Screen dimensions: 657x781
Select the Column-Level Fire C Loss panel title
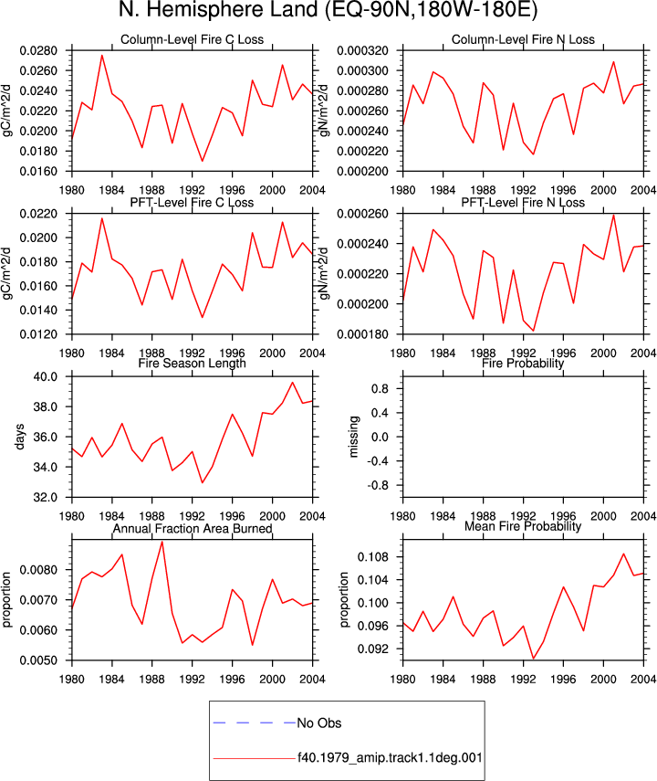click(x=193, y=39)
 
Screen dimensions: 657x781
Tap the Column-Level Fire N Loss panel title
click(x=523, y=39)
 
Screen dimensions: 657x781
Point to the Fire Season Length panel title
click(x=193, y=364)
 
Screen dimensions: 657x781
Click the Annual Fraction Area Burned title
click(x=193, y=529)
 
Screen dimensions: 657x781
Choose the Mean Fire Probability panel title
click(x=523, y=526)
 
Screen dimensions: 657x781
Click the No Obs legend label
click(x=319, y=723)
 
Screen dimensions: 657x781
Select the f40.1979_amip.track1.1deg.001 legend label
click(x=390, y=758)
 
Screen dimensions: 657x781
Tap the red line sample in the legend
click(x=255, y=758)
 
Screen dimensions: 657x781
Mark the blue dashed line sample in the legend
click(x=255, y=723)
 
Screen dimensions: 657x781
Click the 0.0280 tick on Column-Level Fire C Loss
click(x=38, y=51)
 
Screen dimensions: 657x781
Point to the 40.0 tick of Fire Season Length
click(x=46, y=376)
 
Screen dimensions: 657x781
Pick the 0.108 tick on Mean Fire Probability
click(x=373, y=556)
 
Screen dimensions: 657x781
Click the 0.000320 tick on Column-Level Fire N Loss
click(x=362, y=51)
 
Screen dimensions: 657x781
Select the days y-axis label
click(x=19, y=437)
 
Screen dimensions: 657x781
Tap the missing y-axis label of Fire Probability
click(x=353, y=437)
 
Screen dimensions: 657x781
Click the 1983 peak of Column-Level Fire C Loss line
click(x=102, y=56)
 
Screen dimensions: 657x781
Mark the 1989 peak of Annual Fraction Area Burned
click(x=162, y=542)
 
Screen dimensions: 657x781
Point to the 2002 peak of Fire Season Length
click(x=293, y=383)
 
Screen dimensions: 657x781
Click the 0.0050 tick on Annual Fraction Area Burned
click(x=38, y=660)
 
